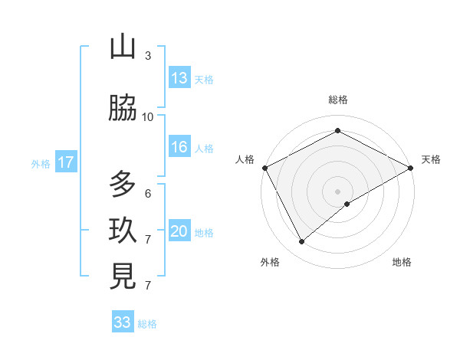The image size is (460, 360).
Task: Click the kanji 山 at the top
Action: [x=123, y=47]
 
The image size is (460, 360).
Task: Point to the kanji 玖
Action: [x=123, y=231]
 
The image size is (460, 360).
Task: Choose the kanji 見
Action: [x=123, y=277]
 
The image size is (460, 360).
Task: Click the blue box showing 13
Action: [x=179, y=78]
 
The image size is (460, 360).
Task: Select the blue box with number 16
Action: [x=179, y=148]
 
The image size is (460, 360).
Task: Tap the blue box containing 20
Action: [x=179, y=232]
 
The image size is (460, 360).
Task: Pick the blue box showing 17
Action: [x=66, y=162]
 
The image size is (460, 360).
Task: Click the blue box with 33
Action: [x=123, y=322]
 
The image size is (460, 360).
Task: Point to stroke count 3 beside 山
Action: [x=148, y=56]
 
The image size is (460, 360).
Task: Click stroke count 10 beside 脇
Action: [x=148, y=116]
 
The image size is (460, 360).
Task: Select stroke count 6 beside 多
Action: [x=148, y=193]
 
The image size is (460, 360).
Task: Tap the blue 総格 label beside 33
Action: [x=148, y=324]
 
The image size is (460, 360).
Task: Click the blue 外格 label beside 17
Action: [x=41, y=163]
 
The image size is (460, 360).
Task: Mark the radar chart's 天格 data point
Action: [x=411, y=167]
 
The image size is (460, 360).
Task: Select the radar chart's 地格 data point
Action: [x=347, y=204]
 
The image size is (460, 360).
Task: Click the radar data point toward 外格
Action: [x=302, y=242]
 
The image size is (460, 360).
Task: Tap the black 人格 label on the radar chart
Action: [x=245, y=159]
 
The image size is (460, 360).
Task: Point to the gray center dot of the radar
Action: [x=337, y=191]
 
